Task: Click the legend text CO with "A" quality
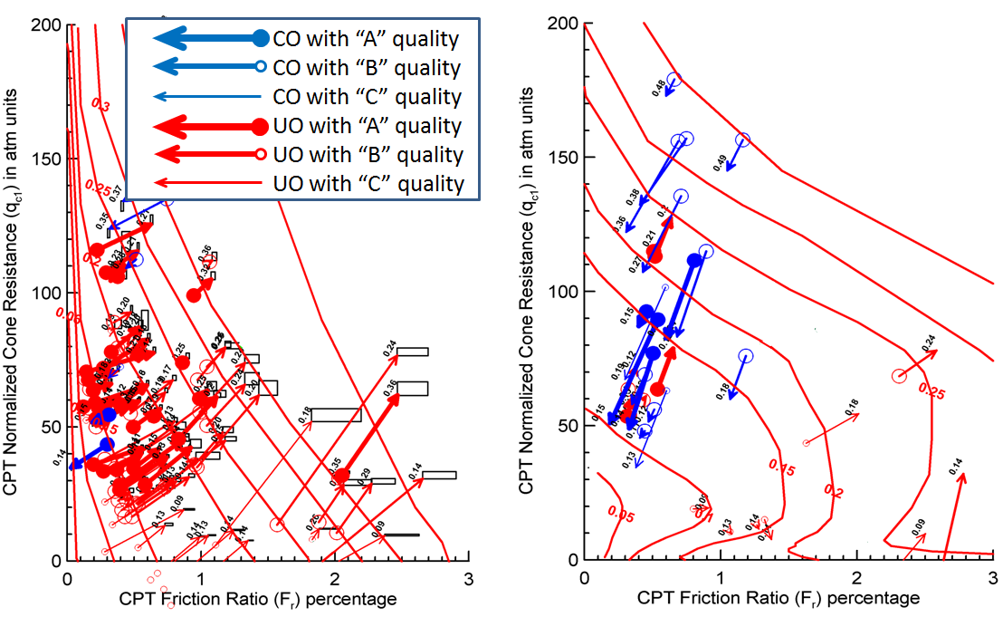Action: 366,39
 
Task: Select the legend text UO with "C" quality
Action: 368,185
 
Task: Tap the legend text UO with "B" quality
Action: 368,156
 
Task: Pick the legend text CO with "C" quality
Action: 367,97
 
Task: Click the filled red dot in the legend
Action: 260,126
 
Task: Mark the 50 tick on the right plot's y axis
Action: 568,426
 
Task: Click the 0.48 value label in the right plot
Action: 660,87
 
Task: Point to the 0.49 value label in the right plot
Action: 721,163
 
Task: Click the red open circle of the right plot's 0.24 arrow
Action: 899,375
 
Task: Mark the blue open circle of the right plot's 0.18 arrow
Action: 745,357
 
